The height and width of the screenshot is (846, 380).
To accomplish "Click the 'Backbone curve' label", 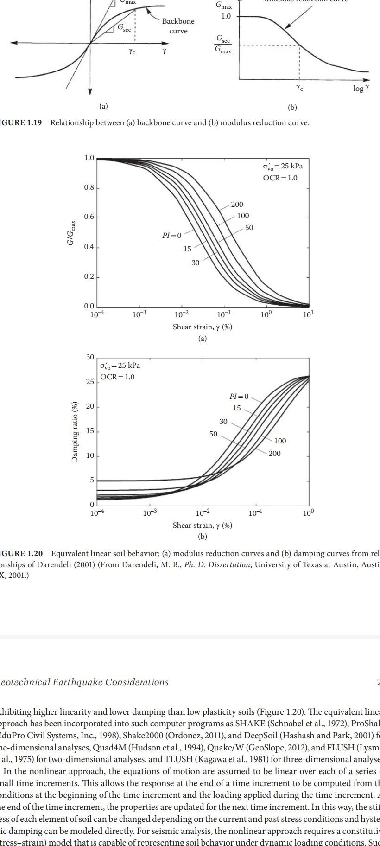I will click(178, 26).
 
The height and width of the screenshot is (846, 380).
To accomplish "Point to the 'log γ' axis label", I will click(361, 88).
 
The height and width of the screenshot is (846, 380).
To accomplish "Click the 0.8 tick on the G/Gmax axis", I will click(89, 187).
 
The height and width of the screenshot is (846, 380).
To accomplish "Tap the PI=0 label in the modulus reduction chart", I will click(172, 236).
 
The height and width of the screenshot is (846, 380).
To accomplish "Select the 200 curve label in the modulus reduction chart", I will click(237, 205).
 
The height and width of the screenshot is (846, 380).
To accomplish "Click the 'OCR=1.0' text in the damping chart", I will click(118, 377).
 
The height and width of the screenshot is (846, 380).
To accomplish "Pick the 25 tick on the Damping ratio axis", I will click(89, 382).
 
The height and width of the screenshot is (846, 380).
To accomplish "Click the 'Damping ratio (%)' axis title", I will click(75, 431).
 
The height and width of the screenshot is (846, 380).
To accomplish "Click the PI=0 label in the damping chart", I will click(239, 397).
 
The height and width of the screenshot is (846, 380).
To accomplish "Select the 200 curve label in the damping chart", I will click(274, 453).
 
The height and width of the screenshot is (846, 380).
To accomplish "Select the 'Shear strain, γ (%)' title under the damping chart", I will click(203, 526).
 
